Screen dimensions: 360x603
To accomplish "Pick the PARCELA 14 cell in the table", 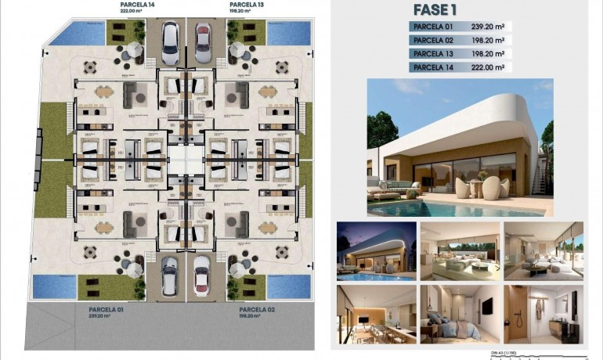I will (433, 67).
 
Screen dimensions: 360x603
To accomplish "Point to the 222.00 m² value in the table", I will (488, 67).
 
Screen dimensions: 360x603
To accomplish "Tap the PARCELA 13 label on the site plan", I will (246, 4).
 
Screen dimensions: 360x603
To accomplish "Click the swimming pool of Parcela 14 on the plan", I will (80, 34).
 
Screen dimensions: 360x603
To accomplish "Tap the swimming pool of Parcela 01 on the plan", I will (55, 286).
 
